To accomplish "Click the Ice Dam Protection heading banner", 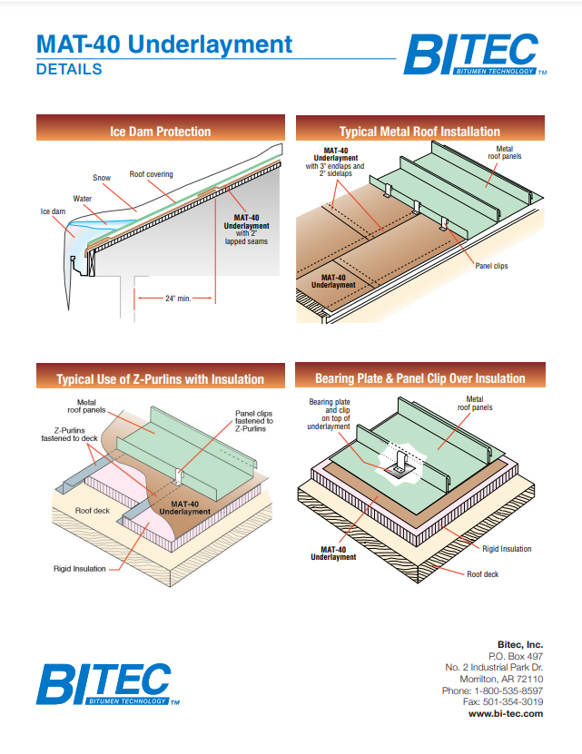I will pyautogui.click(x=160, y=131).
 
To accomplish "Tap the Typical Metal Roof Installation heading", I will pyautogui.click(x=419, y=131).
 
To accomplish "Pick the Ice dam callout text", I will pyautogui.click(x=51, y=211).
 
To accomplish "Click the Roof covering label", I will pyautogui.click(x=151, y=174).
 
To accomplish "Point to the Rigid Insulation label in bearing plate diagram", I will pyautogui.click(x=507, y=549).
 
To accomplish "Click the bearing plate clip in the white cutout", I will pyautogui.click(x=400, y=467).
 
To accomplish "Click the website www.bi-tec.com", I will pyautogui.click(x=506, y=714).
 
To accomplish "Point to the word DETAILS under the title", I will pyautogui.click(x=69, y=69).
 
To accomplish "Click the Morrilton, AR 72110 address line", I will pyautogui.click(x=501, y=679).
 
